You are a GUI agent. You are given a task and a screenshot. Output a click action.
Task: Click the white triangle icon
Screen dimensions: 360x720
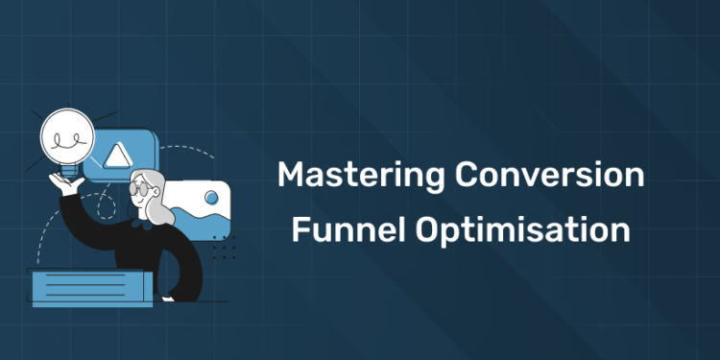(x=118, y=155)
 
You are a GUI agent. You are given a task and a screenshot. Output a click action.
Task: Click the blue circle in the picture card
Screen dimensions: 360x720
(x=212, y=199)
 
